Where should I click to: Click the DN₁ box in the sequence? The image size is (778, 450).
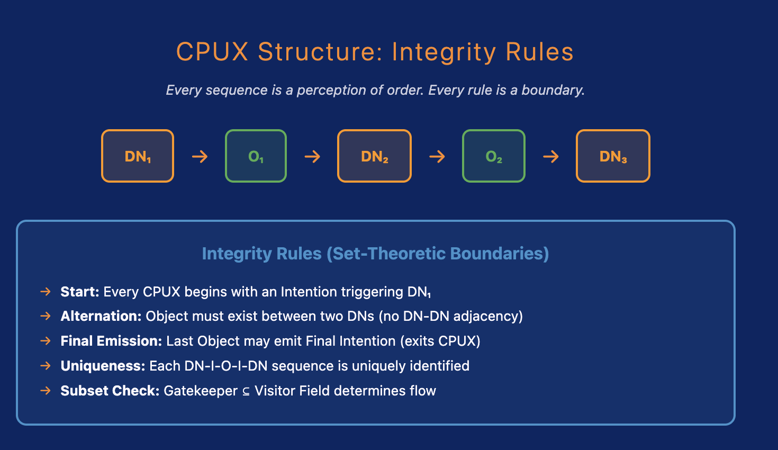(x=138, y=156)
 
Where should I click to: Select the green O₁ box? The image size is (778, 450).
(x=256, y=156)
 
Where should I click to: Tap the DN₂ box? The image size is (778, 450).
(x=374, y=156)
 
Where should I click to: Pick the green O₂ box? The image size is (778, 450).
(x=493, y=156)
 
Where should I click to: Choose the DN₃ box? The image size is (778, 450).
(x=613, y=156)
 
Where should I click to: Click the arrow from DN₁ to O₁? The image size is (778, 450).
(x=200, y=156)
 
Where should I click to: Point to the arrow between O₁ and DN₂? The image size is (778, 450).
(x=312, y=156)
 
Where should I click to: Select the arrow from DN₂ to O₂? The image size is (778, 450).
(x=437, y=156)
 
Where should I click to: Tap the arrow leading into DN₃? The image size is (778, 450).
(x=551, y=156)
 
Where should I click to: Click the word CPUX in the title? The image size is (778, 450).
(x=212, y=52)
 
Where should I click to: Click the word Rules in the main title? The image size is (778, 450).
(x=539, y=52)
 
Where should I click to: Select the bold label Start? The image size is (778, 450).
(x=80, y=292)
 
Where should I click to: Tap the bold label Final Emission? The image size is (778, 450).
(x=111, y=341)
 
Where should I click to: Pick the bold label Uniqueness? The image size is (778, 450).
(x=103, y=366)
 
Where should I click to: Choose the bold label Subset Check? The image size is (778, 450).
(x=110, y=391)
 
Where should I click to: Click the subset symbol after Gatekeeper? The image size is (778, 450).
(x=246, y=392)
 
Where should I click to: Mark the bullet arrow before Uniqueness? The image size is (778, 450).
(x=46, y=366)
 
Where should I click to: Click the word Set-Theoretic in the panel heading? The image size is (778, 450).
(x=388, y=254)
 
